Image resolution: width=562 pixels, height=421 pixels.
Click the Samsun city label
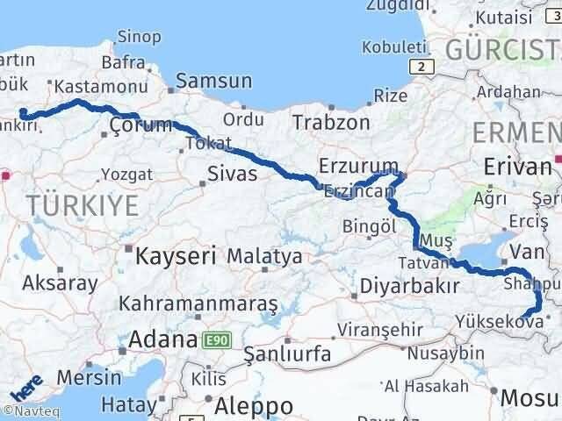[213, 81]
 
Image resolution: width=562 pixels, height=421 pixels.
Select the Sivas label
[232, 174]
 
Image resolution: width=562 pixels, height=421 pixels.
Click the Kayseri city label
[176, 256]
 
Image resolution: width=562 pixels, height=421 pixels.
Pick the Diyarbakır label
[410, 287]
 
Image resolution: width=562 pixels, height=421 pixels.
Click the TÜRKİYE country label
[83, 206]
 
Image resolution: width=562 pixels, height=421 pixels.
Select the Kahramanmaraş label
[198, 304]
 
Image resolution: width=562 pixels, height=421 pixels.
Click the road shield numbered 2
[424, 67]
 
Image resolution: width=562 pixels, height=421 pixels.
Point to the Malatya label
[264, 257]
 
